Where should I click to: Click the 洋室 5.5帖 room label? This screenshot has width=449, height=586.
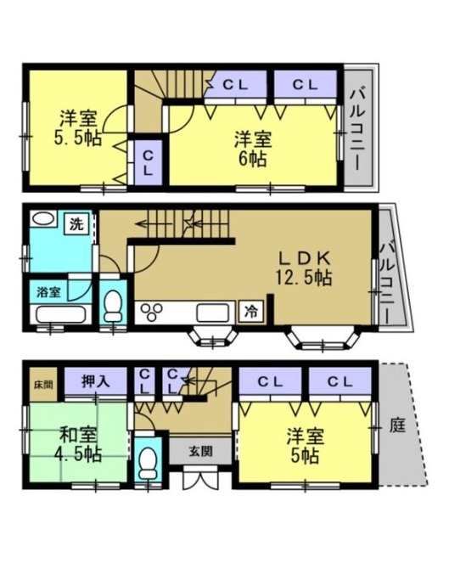click(x=78, y=127)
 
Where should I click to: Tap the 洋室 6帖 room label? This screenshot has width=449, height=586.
click(x=252, y=149)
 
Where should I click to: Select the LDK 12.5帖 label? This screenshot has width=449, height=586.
click(x=304, y=268)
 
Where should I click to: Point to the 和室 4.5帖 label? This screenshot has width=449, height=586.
click(x=78, y=445)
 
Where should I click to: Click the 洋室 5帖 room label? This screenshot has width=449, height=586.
click(x=305, y=446)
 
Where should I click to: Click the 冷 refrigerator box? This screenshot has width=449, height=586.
click(x=252, y=312)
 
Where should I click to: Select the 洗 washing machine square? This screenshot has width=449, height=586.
click(x=76, y=224)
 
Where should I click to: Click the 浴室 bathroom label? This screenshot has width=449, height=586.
click(x=48, y=292)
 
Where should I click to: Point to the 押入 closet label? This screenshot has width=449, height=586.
click(x=96, y=381)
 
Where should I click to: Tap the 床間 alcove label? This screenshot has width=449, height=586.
click(x=43, y=385)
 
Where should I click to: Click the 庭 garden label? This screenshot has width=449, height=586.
click(x=397, y=425)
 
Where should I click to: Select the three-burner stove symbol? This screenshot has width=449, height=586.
click(x=151, y=312)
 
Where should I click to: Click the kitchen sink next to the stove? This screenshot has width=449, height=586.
click(x=213, y=312)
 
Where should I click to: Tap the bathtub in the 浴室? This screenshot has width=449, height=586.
click(x=60, y=314)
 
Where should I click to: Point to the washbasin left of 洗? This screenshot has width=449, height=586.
click(x=43, y=219)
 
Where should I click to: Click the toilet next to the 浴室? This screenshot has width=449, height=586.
click(x=113, y=307)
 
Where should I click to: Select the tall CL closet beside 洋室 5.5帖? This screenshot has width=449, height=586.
click(x=149, y=162)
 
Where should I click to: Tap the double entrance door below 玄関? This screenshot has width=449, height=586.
click(x=200, y=478)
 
